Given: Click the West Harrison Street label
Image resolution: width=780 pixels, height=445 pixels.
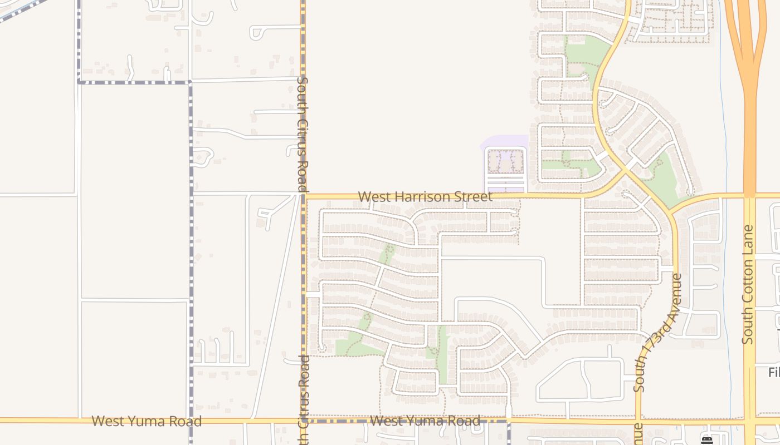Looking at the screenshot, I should pos(425,197).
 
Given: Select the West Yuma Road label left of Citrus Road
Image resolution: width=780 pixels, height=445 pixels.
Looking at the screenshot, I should pos(147,421).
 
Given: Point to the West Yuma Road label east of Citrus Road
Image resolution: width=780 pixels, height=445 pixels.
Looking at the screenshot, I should pos(425,421).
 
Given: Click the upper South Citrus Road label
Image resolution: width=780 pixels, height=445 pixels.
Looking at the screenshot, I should pos(303,135).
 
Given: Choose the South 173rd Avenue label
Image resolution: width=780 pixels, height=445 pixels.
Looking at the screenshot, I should pos(659,332).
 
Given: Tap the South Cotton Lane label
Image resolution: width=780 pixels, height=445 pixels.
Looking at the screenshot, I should pos(748,284).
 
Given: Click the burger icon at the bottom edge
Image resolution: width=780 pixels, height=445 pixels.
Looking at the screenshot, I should pos(707,441).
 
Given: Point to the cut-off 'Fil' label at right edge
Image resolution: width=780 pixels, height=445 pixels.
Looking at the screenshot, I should pos(774,372).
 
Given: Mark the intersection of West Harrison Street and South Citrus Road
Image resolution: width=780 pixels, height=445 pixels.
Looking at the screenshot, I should pos(304,196).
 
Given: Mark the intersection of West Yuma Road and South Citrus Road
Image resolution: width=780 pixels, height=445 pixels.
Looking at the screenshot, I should pos(304,421).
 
